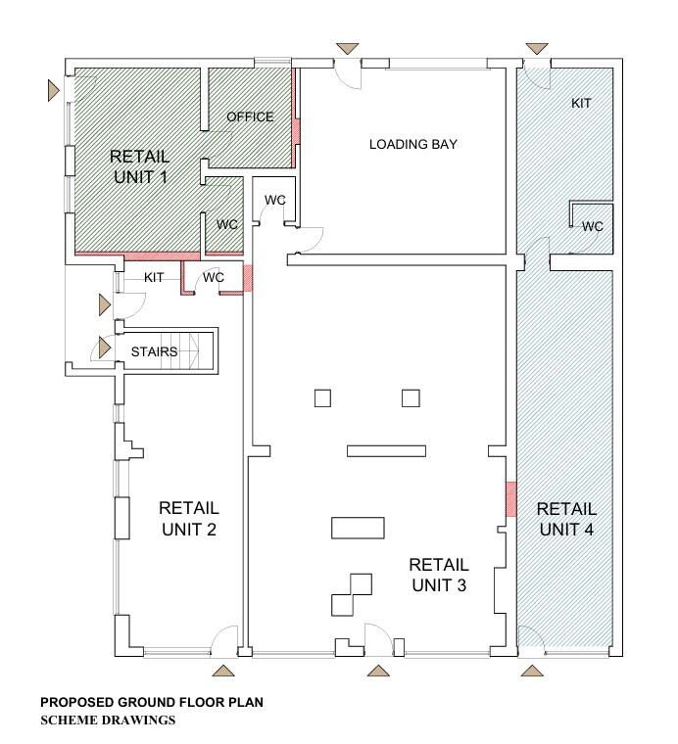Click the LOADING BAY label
pos(413,144)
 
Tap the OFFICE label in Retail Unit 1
pos(250,116)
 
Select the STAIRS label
pos(154,352)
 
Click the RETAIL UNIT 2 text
pos(189,519)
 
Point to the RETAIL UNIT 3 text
pos(439,575)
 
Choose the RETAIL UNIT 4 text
pos(566,519)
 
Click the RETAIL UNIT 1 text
pos(139,166)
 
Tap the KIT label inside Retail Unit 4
pos(581,103)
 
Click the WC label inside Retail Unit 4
pos(593,226)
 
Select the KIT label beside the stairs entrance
pos(154,278)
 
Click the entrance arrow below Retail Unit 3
pos(378,671)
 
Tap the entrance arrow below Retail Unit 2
pos(223,671)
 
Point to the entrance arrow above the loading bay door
pos(348,49)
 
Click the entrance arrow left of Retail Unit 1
pos(53,90)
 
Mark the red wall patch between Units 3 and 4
pos(510,499)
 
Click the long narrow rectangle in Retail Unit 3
pos(386,450)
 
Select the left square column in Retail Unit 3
pos(323,398)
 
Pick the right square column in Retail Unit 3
pos(411,398)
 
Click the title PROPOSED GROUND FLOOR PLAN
pos(152,702)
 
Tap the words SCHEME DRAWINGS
pos(108,721)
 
